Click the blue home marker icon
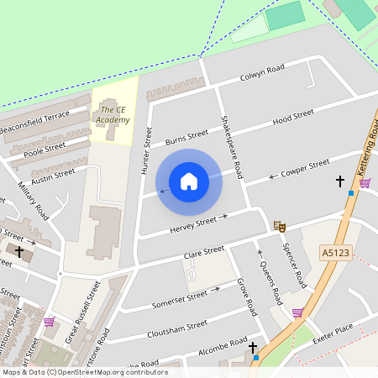pyautogui.click(x=189, y=181)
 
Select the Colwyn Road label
pyautogui.click(x=263, y=72)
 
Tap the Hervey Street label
pyautogui.click(x=195, y=226)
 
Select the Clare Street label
pyautogui.click(x=202, y=251)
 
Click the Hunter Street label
pyautogui.click(x=146, y=151)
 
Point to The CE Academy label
pyautogui.click(x=113, y=115)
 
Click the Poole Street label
pyautogui.click(x=45, y=149)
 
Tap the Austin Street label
pyautogui.click(x=53, y=176)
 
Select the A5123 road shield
pyautogui.click(x=333, y=251)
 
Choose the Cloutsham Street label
pyautogui.click(x=177, y=324)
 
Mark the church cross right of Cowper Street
pyautogui.click(x=340, y=181)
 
